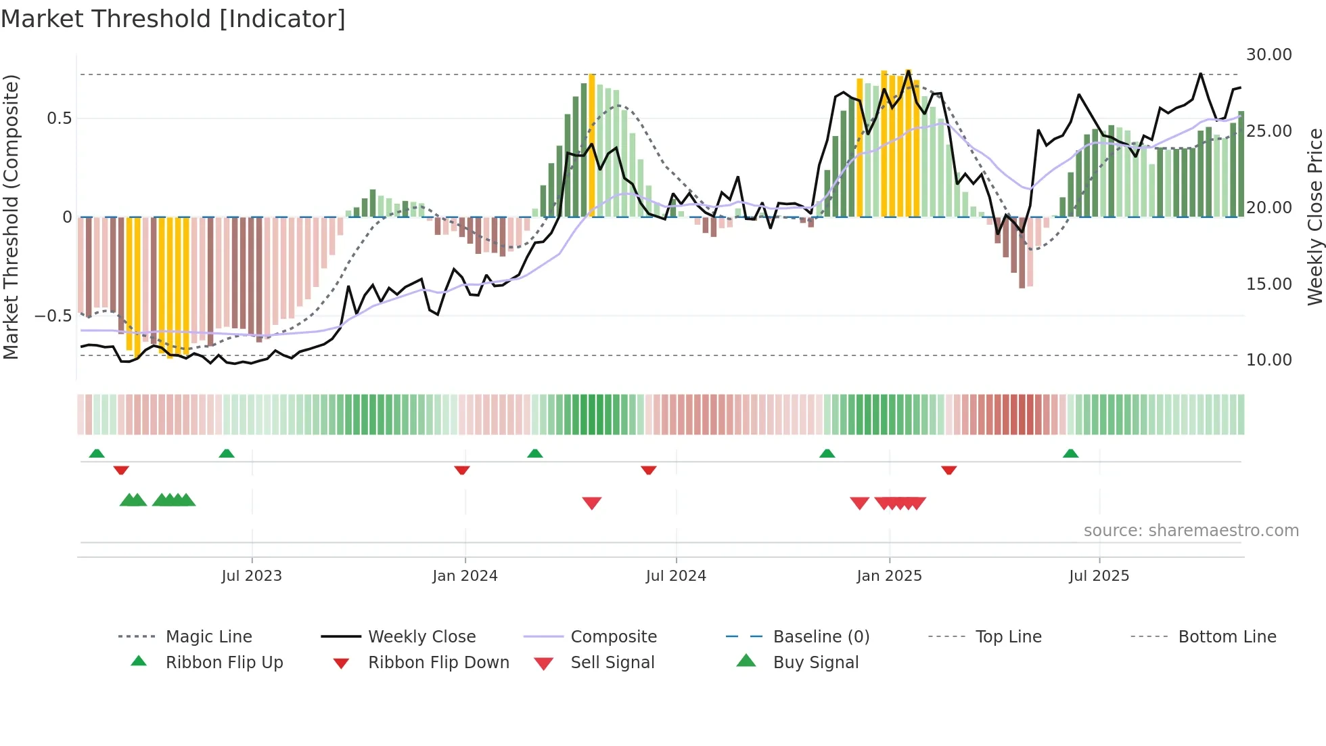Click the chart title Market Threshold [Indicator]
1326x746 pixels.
pos(173,19)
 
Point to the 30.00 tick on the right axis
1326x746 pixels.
pos(1268,55)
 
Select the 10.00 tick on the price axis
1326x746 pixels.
pos(1268,360)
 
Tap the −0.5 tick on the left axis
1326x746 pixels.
pos(53,316)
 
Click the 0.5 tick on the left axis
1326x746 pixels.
pos(59,118)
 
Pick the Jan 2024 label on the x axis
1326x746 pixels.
pos(465,576)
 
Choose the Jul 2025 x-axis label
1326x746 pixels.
pos(1099,576)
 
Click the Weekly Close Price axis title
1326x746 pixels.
pos(1314,217)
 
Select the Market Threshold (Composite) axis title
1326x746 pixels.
pos(11,217)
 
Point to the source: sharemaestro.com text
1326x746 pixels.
pos(1191,531)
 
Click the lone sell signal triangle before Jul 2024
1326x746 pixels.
pos(592,503)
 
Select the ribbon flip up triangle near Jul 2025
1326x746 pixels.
pos(1070,454)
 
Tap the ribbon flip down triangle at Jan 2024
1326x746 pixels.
pos(462,470)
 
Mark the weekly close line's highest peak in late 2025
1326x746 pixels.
pos(1201,74)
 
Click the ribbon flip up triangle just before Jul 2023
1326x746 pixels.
pos(227,454)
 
